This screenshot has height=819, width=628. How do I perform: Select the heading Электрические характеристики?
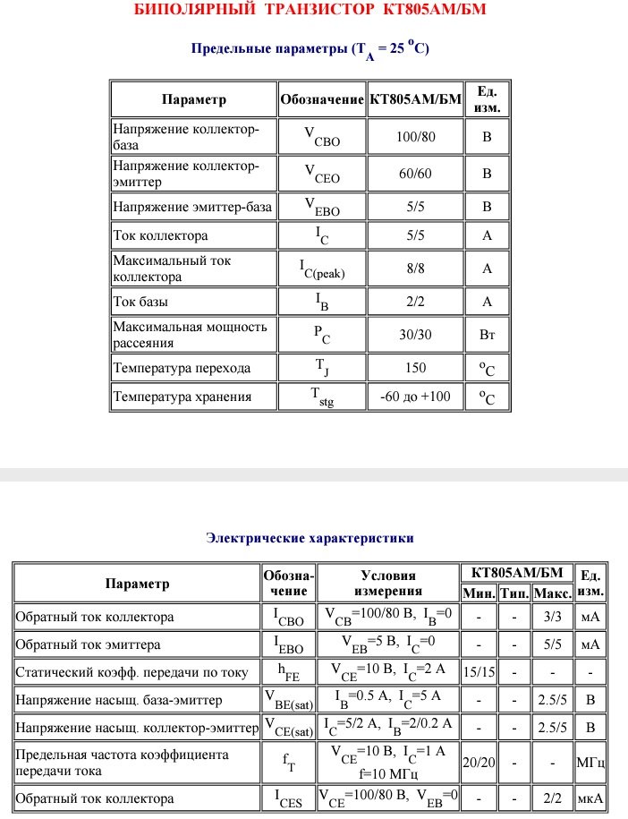click(x=310, y=538)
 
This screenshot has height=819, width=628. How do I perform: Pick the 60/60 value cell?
click(x=415, y=173)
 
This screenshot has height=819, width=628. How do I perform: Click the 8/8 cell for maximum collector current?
click(x=415, y=268)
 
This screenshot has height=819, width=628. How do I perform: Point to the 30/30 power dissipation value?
click(x=415, y=334)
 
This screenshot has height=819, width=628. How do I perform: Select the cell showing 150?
click(x=415, y=368)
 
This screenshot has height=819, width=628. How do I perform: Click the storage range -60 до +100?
click(x=415, y=397)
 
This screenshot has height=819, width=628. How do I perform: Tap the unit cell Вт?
click(x=487, y=334)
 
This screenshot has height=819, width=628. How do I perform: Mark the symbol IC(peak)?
click(x=321, y=269)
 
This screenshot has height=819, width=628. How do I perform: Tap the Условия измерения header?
click(x=387, y=584)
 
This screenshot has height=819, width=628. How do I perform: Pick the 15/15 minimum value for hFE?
click(x=479, y=670)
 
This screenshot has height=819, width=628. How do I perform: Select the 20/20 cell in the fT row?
click(x=479, y=762)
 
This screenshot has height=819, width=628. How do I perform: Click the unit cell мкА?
click(x=590, y=798)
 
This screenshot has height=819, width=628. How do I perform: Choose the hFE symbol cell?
click(x=288, y=670)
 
